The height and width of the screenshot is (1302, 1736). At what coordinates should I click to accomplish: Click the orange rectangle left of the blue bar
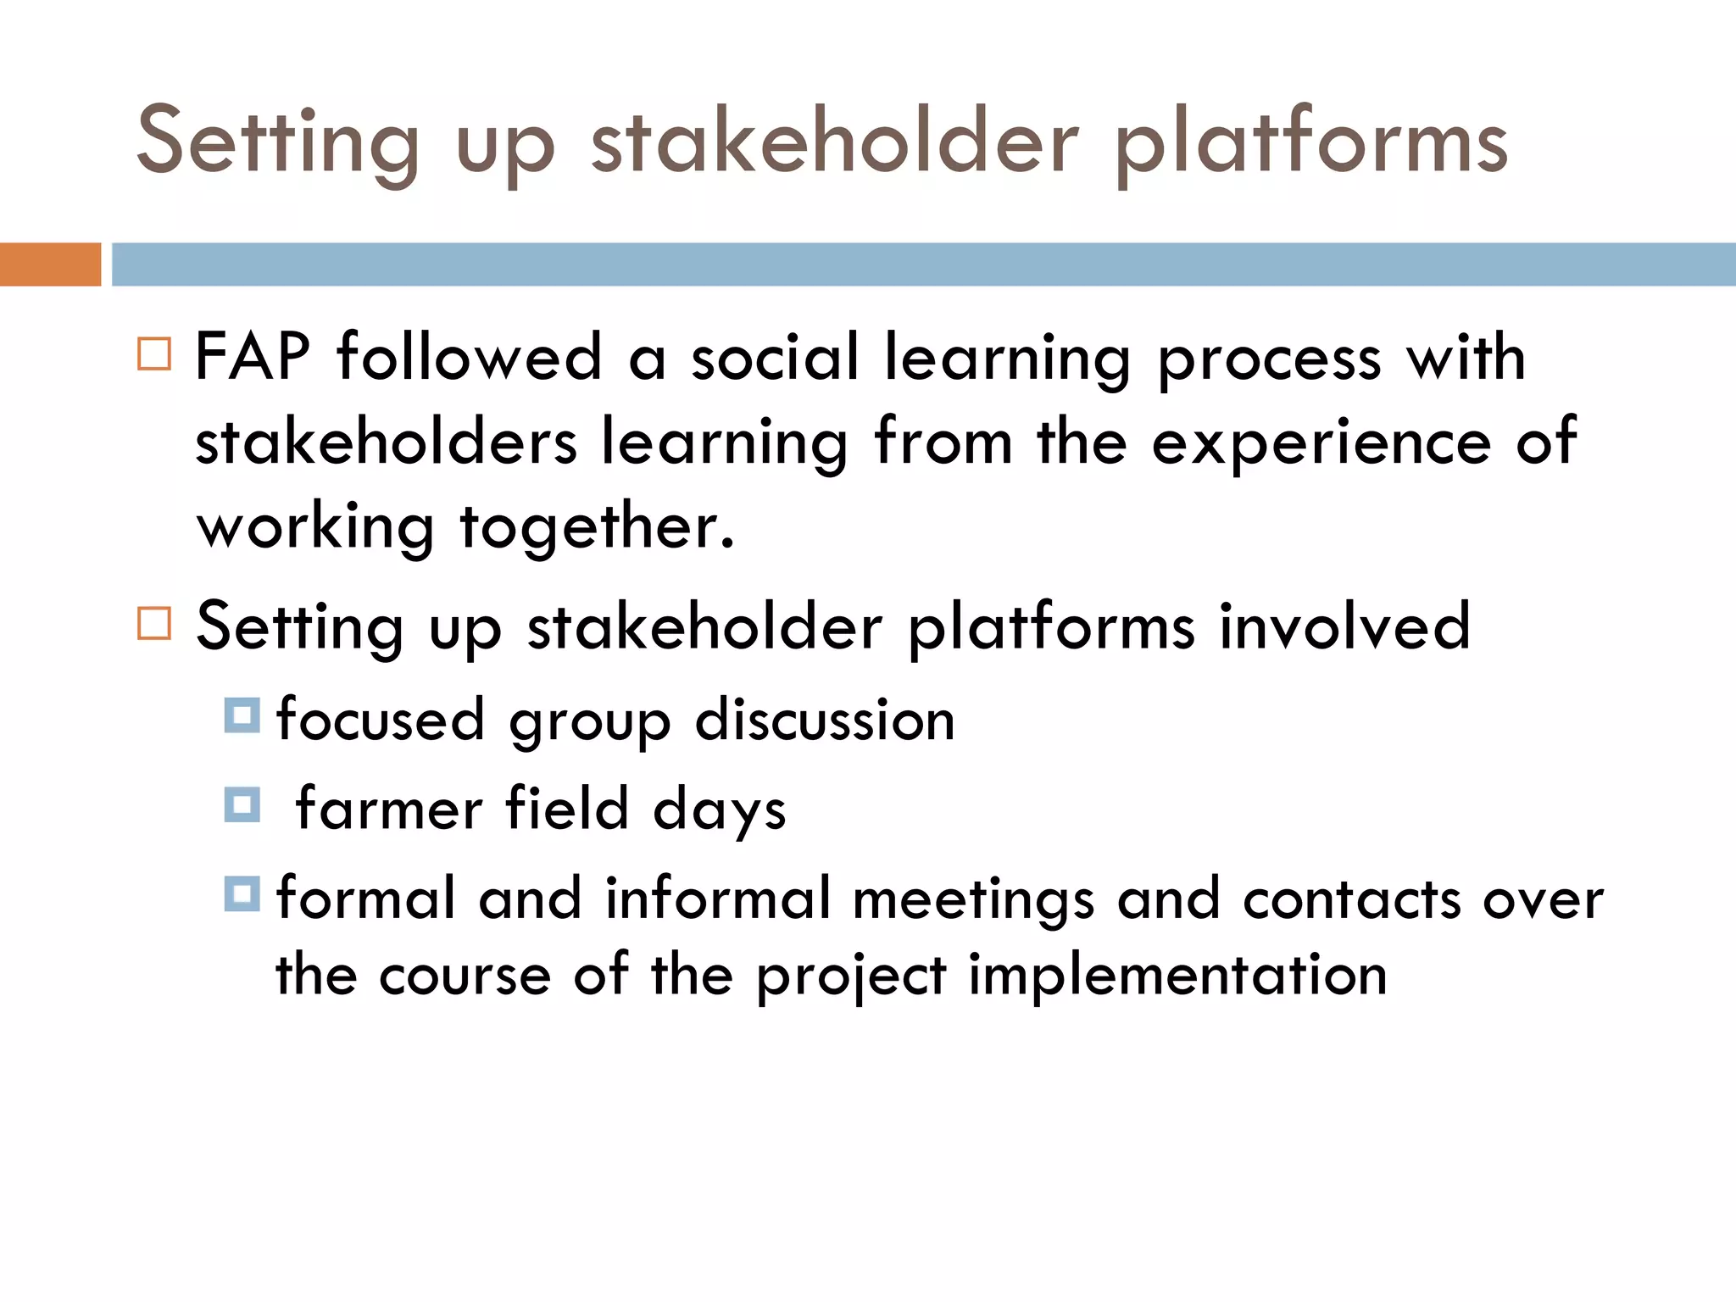(x=50, y=264)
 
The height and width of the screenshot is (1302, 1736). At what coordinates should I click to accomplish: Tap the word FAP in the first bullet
(x=253, y=358)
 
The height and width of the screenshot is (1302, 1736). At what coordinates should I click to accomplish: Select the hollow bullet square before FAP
(x=154, y=353)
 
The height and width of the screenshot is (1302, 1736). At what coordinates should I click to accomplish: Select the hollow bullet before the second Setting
(x=154, y=623)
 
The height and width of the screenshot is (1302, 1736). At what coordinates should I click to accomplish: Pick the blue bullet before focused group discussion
(x=242, y=715)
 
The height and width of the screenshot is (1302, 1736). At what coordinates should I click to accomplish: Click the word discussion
(x=825, y=721)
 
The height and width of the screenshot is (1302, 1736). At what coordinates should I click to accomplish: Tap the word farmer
(x=389, y=809)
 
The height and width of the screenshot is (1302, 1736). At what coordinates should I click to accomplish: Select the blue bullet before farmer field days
(x=242, y=804)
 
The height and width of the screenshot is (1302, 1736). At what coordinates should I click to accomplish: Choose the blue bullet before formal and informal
(x=242, y=893)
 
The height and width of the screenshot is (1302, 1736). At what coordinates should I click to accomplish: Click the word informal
(x=718, y=899)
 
